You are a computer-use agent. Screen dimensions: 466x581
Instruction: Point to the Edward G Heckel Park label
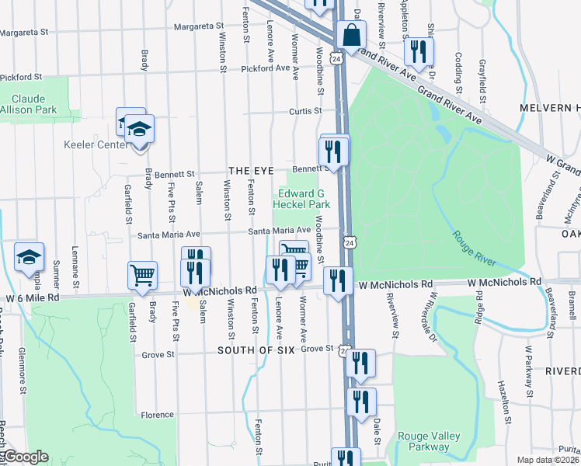(301, 199)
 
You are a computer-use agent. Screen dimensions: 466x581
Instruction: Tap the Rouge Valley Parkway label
(423, 441)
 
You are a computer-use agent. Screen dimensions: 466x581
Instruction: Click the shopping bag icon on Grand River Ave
(351, 36)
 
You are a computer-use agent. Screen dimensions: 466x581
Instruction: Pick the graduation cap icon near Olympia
(30, 257)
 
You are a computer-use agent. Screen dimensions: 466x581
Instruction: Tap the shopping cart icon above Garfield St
(143, 275)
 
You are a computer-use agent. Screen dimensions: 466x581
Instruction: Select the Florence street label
(157, 415)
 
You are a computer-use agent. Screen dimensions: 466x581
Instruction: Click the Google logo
(25, 457)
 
